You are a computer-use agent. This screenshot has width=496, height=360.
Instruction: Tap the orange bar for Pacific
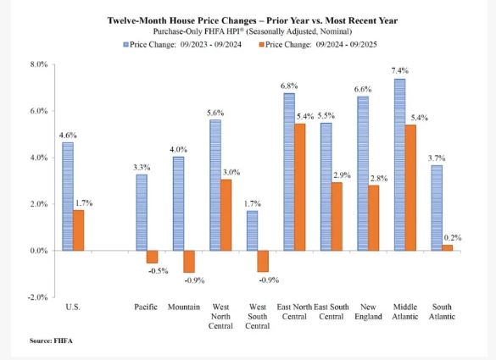pyautogui.click(x=152, y=257)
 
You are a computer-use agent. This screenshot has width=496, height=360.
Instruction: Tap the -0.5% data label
pyautogui.click(x=153, y=271)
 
